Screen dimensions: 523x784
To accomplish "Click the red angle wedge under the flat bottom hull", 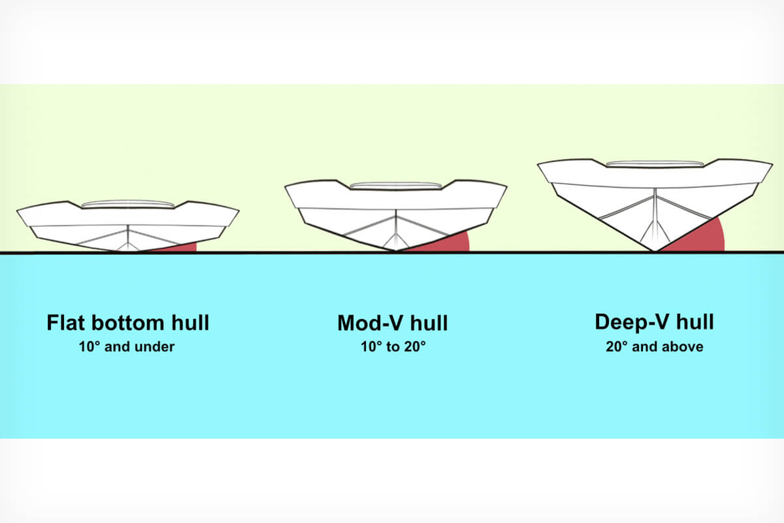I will point(182,248).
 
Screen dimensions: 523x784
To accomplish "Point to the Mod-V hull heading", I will point(393,323).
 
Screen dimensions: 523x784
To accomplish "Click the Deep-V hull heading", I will point(654,322).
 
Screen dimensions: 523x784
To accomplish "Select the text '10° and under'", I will point(127,346).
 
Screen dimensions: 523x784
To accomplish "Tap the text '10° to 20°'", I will point(393,346).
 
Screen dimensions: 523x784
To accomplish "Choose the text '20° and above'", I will point(655,346).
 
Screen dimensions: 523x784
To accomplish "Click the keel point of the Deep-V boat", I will point(654,251).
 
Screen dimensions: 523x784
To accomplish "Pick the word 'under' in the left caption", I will point(155,346).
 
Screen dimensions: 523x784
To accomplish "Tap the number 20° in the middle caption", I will point(413,346).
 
